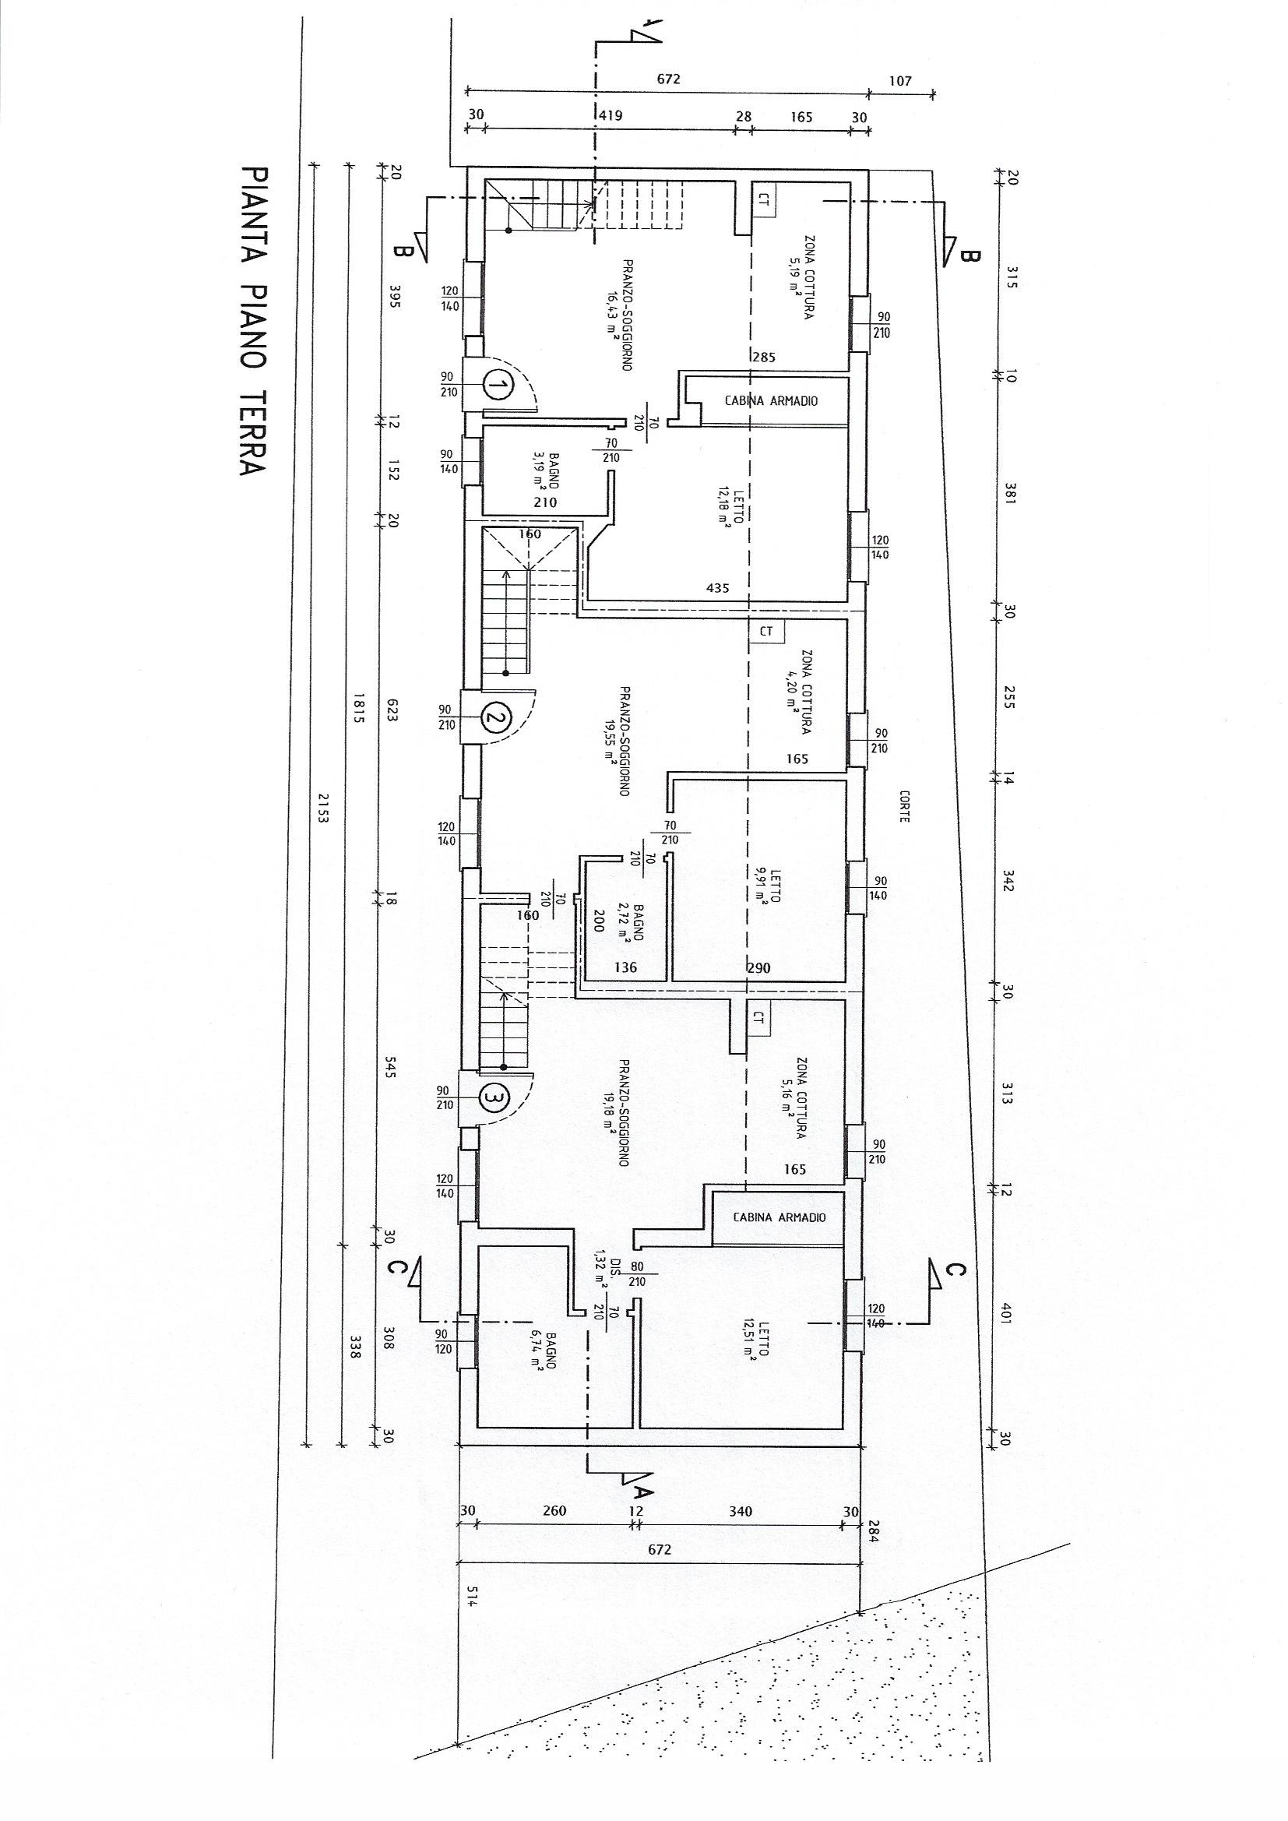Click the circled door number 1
tap(498, 386)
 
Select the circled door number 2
tap(497, 719)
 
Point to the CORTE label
tap(903, 806)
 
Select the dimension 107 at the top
tap(900, 81)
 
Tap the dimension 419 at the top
tap(610, 116)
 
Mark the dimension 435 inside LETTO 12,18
tap(717, 588)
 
